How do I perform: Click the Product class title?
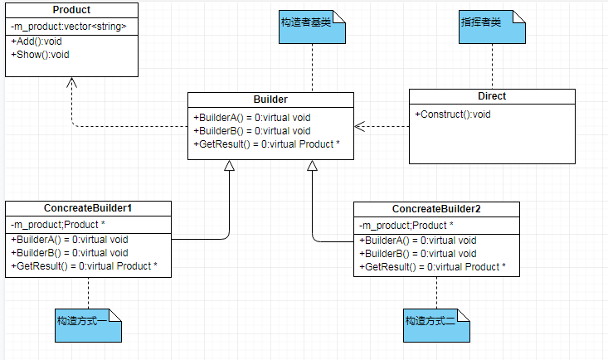point(71,10)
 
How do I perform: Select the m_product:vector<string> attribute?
point(69,27)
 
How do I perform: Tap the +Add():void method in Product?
point(38,41)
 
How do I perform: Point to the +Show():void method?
point(41,55)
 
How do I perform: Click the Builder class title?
point(271,100)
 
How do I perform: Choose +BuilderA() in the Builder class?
point(251,117)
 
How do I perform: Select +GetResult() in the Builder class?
point(265,144)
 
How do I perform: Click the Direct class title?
point(492,96)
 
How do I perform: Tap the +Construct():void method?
point(453,114)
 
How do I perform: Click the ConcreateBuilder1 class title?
point(88,208)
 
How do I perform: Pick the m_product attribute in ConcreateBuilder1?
point(58,225)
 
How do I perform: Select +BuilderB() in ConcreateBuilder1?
point(70,253)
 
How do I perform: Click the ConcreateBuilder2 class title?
point(436,209)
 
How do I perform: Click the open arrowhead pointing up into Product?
point(71,82)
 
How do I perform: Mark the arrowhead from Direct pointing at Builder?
point(360,127)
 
